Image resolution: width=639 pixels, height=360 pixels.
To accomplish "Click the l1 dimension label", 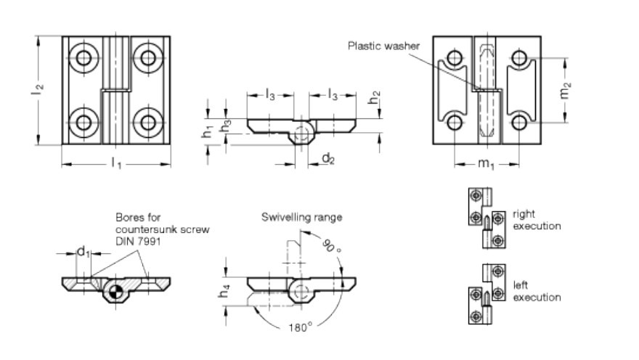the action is coord(117,164).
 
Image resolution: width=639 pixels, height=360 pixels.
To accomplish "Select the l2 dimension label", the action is coord(37,89).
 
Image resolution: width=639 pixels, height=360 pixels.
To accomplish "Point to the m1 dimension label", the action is coord(486,164).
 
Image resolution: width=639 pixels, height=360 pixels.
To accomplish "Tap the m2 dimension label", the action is coord(565,91).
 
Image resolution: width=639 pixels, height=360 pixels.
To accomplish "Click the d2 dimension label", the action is coord(328,158).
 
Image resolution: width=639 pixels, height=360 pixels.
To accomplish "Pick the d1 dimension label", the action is coord(83,252).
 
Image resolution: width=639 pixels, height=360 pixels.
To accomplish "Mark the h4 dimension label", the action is coord(224,291).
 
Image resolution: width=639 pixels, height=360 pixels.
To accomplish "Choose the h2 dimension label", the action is coord(374,98).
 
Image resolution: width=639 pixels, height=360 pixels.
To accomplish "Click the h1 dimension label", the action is coord(208,131).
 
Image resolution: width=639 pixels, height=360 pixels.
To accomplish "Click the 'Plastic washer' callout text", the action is coord(383,46).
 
